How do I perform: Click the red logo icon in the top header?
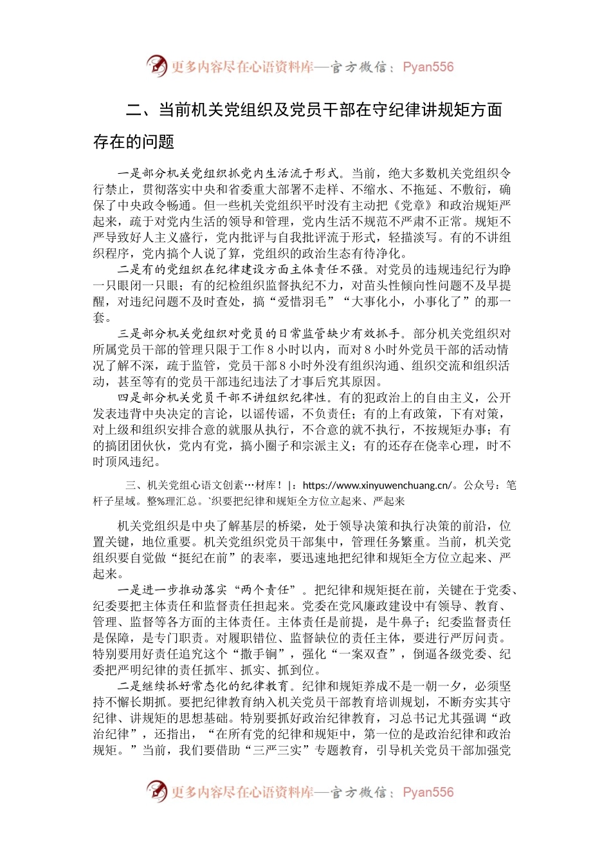click(x=156, y=66)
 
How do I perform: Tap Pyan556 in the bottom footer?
click(x=428, y=792)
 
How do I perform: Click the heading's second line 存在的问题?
click(x=134, y=142)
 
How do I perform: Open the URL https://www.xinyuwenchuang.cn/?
click(x=378, y=485)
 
